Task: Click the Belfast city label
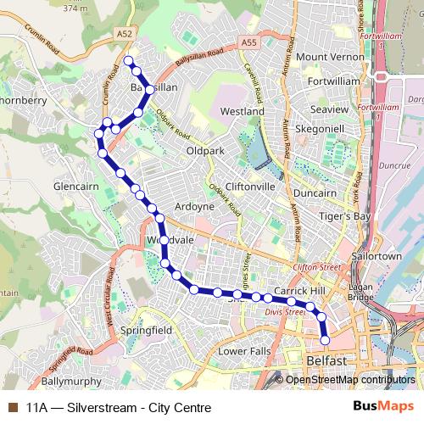point(325,361)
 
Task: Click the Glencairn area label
point(77,186)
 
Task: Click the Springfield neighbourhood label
point(147,329)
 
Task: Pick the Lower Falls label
point(244,350)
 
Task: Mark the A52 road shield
point(126,33)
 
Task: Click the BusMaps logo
point(383,407)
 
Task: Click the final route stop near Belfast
point(326,340)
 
